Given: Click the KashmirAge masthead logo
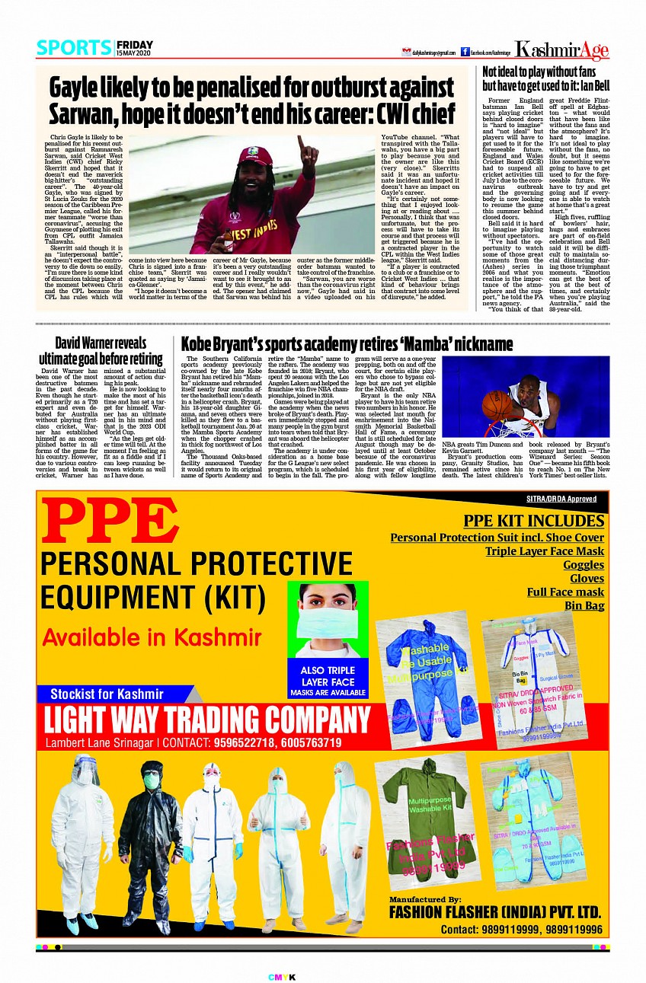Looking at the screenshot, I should (561, 50).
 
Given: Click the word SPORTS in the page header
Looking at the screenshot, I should (74, 48).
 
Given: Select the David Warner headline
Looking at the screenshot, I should (101, 350).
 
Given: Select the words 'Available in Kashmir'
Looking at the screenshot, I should (140, 637).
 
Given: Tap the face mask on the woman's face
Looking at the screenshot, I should (328, 624).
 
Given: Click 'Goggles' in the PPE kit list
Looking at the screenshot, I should (584, 564).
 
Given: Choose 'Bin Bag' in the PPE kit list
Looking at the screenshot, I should (584, 605).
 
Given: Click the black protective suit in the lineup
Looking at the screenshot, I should (150, 838).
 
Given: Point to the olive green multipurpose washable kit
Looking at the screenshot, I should (430, 815).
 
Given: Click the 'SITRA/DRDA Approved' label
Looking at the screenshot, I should (566, 499).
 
